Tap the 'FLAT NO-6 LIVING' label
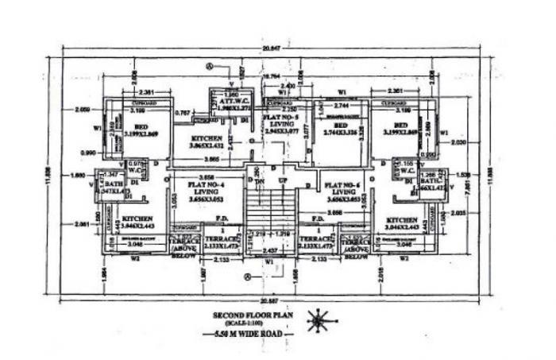[345, 191]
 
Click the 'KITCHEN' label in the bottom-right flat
[402, 221]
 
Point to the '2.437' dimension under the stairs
[270, 250]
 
